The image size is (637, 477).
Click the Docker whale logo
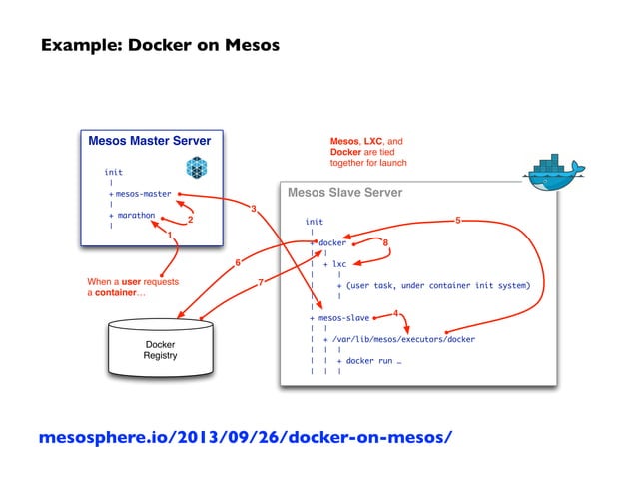pyautogui.click(x=554, y=172)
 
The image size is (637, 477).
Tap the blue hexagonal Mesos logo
pyautogui.click(x=197, y=168)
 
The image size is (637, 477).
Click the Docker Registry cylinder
pyautogui.click(x=161, y=349)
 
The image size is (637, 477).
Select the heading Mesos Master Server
pyautogui.click(x=150, y=141)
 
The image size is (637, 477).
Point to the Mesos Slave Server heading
pyautogui.click(x=344, y=192)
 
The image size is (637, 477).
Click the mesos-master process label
pyautogui.click(x=144, y=194)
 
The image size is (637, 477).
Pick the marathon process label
pyautogui.click(x=136, y=215)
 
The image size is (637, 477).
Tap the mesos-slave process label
pyautogui.click(x=343, y=318)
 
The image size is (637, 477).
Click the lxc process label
pyautogui.click(x=339, y=264)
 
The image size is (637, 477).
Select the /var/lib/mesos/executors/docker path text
pyautogui.click(x=403, y=339)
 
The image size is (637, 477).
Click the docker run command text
pyautogui.click(x=373, y=361)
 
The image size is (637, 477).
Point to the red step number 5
pyautogui.click(x=458, y=220)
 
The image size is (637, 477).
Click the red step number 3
pyautogui.click(x=254, y=209)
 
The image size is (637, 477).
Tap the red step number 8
pyautogui.click(x=385, y=242)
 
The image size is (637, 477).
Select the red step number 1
pyautogui.click(x=170, y=235)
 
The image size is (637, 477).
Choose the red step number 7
pyautogui.click(x=261, y=282)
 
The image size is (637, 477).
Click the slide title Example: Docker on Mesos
pyautogui.click(x=160, y=45)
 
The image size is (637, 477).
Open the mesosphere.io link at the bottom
pyautogui.click(x=246, y=437)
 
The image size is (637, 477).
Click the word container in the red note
pyautogui.click(x=116, y=292)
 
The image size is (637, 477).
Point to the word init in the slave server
pyautogui.click(x=315, y=222)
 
